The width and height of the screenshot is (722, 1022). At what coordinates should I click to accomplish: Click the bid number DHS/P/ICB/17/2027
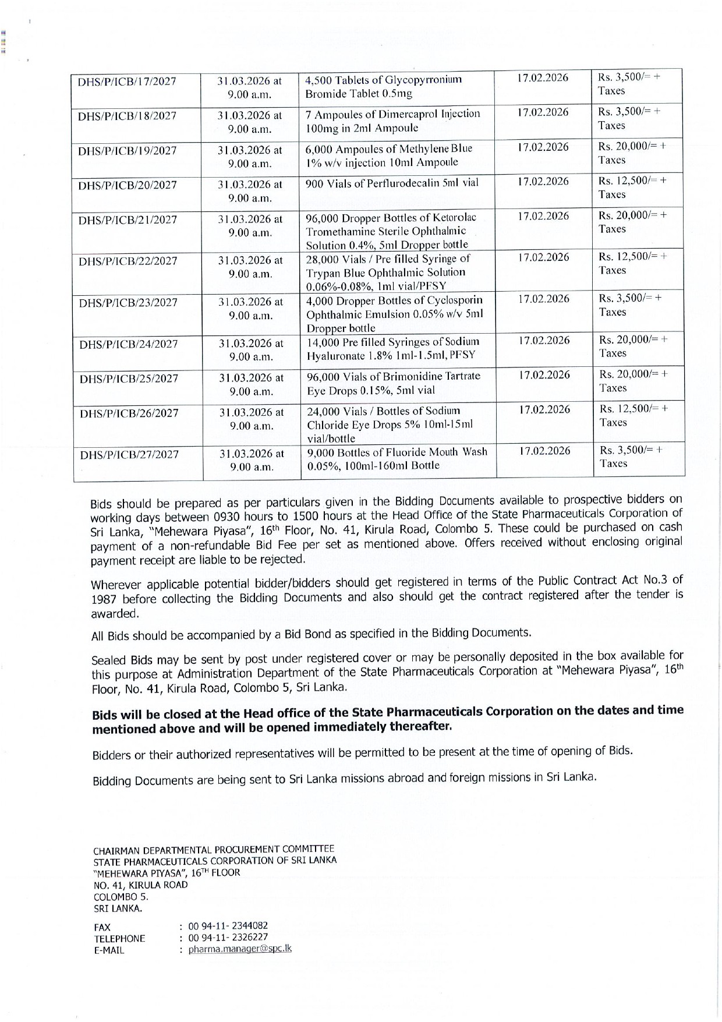tap(127, 82)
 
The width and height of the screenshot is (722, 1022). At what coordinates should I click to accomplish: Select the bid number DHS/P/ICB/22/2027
tap(128, 261)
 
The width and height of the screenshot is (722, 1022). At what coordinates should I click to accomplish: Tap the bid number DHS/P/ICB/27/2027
tap(129, 455)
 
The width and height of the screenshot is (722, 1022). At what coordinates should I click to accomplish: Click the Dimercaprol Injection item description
tap(393, 121)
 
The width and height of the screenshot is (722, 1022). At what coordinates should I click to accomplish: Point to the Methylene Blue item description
tap(389, 155)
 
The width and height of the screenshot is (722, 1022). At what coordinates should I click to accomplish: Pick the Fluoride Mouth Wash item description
tap(397, 458)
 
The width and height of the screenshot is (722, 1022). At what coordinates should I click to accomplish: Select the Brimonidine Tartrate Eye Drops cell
tap(394, 383)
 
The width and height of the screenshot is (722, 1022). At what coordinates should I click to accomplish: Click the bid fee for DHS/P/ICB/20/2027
tap(633, 188)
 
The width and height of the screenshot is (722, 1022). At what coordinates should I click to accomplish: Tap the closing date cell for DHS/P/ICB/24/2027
tap(251, 350)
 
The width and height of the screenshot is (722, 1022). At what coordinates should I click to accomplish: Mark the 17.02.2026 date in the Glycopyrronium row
tap(543, 78)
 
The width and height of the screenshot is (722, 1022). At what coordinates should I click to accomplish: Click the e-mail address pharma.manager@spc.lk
tap(240, 948)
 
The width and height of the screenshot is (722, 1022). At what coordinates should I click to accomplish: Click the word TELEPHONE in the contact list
tap(119, 939)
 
